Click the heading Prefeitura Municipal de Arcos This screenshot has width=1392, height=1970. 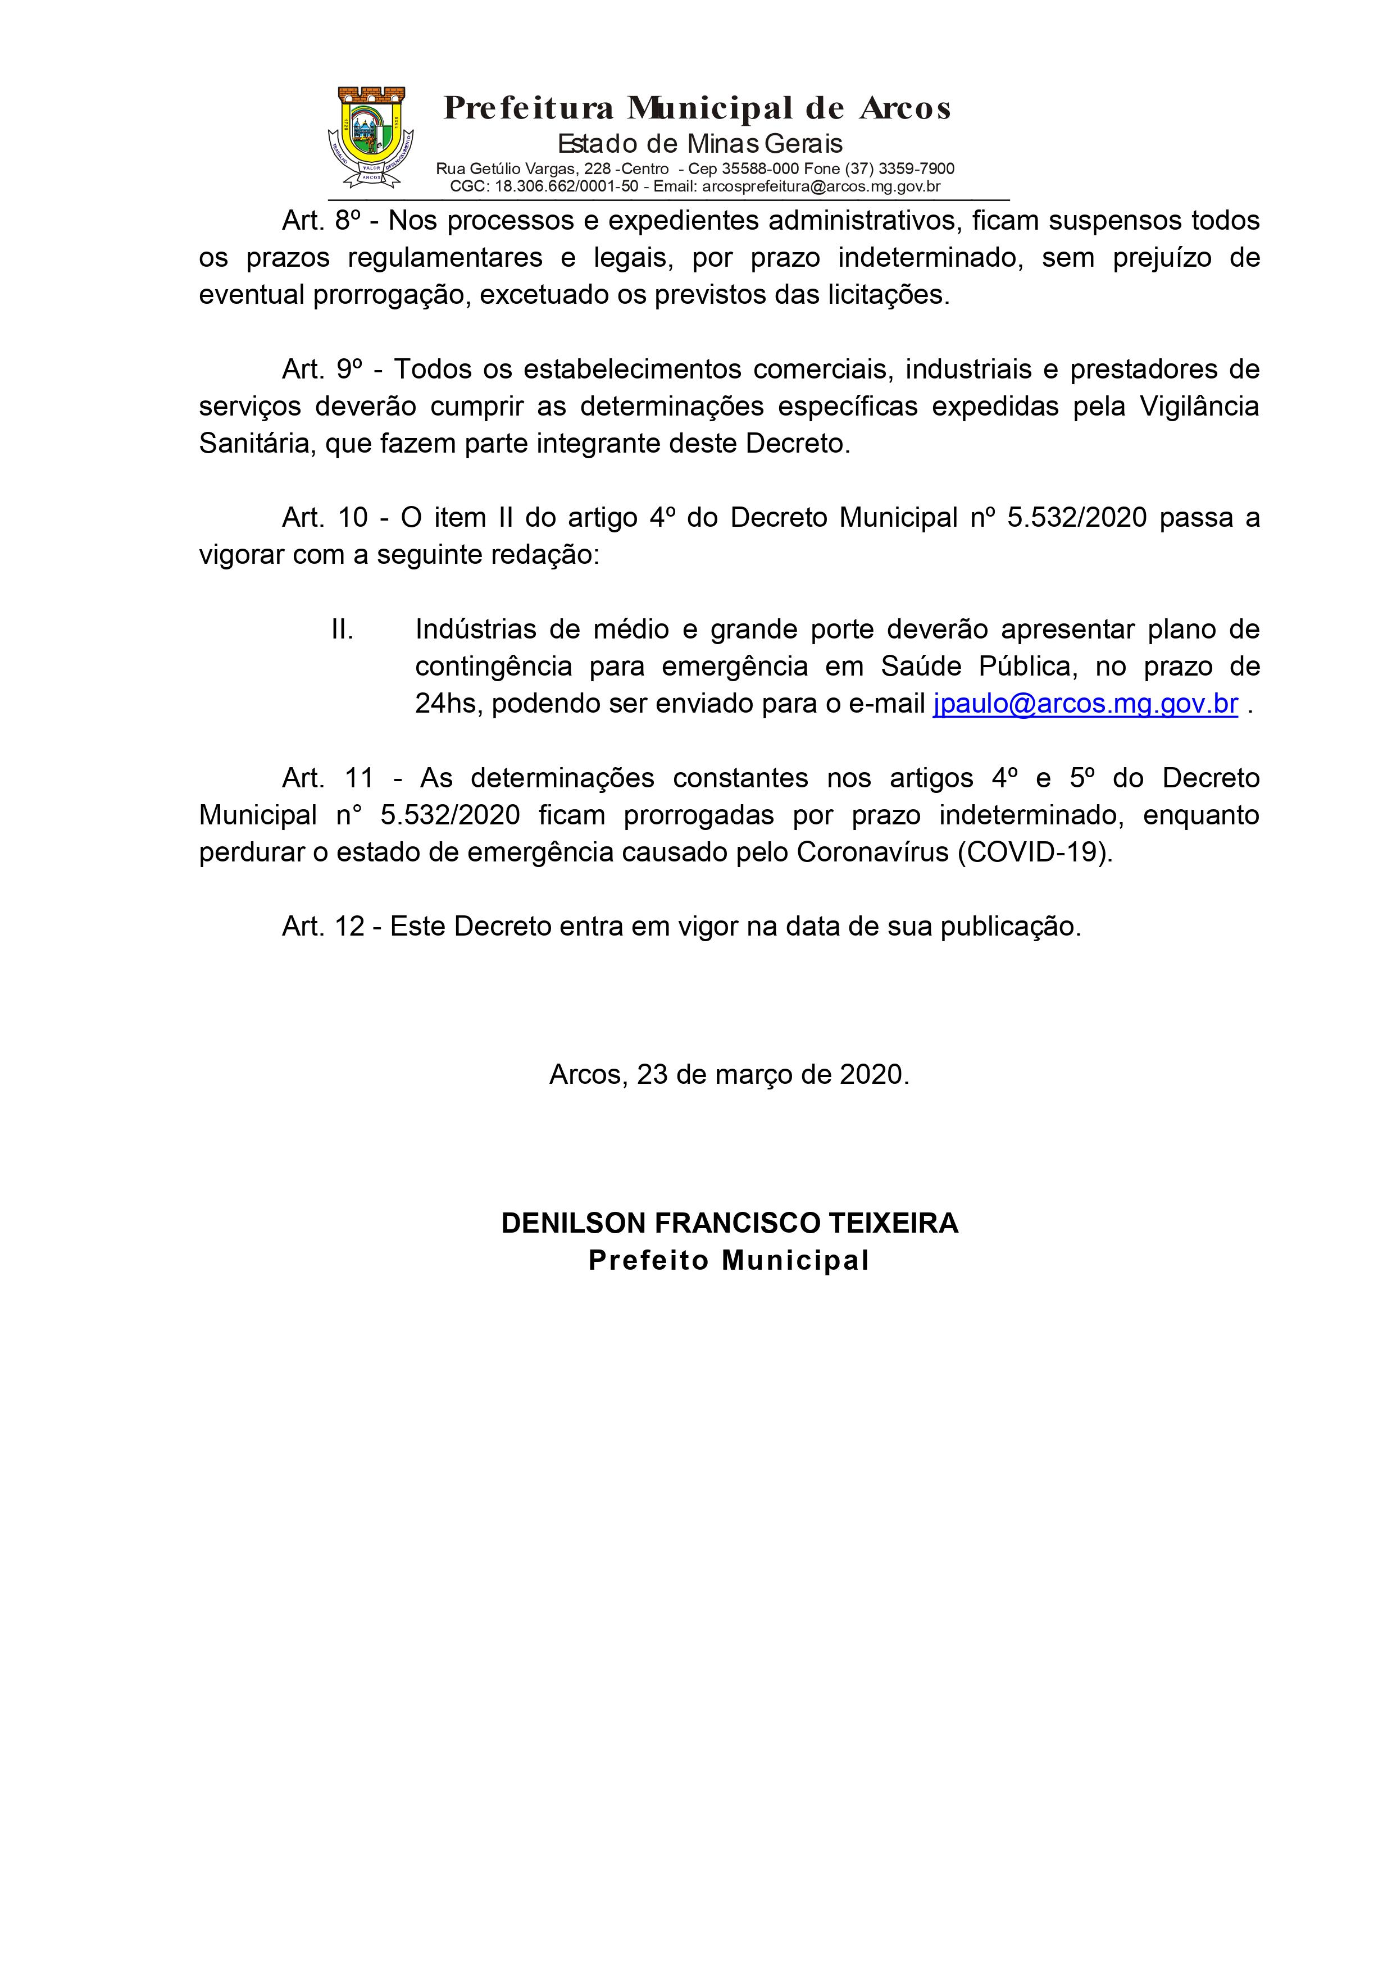tap(697, 109)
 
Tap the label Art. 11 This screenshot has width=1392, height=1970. tap(328, 778)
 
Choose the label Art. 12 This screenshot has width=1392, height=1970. tap(324, 927)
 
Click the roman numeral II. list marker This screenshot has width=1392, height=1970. tap(343, 630)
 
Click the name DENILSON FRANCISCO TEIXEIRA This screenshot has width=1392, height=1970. tap(730, 1223)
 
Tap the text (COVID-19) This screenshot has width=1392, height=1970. tap(1035, 853)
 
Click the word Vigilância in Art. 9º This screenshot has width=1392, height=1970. tap(1199, 407)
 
